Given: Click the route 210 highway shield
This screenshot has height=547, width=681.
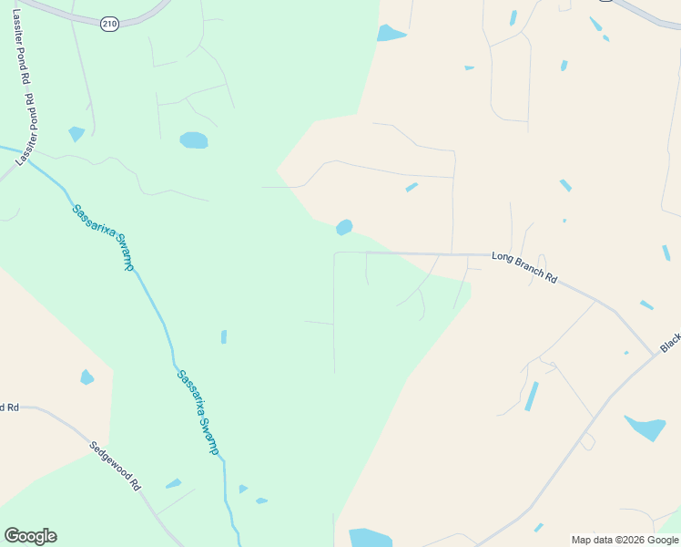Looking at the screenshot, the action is coord(110,24).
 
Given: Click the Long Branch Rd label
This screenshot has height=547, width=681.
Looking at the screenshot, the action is coord(524,268).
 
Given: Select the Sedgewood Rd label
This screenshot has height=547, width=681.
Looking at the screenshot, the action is coord(116,466).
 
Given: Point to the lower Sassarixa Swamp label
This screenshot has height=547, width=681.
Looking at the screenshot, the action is coord(198,412).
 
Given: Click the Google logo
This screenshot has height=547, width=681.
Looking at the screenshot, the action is coord(30,536).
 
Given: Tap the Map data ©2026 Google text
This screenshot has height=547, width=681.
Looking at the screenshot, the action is coord(625,540).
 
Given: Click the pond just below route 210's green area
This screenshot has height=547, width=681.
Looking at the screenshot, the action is coord(194,140).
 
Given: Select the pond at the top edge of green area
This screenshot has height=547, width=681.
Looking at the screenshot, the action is coord(391,34).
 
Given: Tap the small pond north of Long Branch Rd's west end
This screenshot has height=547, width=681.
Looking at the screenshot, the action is coord(344,227).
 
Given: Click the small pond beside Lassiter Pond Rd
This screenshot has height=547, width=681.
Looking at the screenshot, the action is coord(76,133).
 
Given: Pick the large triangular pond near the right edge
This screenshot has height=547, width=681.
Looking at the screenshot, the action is coord(645,427).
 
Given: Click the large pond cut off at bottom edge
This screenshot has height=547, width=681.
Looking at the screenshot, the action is coord(370,538).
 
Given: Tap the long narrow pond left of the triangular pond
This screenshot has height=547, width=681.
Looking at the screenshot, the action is coord(531,397).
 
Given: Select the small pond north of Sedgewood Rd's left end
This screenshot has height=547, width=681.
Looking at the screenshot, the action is coord(86,377).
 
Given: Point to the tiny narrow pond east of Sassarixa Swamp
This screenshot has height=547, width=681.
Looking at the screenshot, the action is coord(224,336).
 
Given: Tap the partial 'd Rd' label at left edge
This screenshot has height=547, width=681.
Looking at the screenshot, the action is coord(9,407).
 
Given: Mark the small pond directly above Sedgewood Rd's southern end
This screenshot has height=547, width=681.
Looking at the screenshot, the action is coord(173,483).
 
